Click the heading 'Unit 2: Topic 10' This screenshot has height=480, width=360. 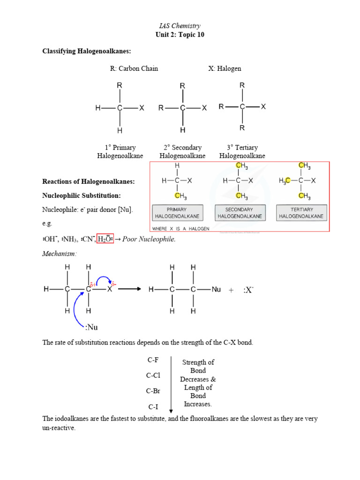coord(180,35)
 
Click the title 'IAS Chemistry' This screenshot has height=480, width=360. coord(180,26)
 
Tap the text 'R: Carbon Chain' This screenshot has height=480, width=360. coord(134,68)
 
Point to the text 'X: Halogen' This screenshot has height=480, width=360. coord(225,68)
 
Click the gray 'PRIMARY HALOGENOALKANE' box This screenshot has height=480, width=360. coord(177,213)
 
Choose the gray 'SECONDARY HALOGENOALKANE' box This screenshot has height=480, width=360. coord(239,213)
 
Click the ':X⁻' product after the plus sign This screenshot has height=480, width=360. coord(248,290)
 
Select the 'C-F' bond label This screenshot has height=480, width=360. coord(152,360)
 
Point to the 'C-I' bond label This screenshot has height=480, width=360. coord(153,406)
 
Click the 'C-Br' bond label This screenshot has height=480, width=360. coord(153,391)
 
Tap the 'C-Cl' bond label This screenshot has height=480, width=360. coord(153,375)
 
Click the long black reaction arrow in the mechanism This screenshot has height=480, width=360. coord(129,289)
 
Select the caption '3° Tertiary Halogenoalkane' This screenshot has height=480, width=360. coord(242,151)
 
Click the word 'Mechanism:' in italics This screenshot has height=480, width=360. coord(59,253)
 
